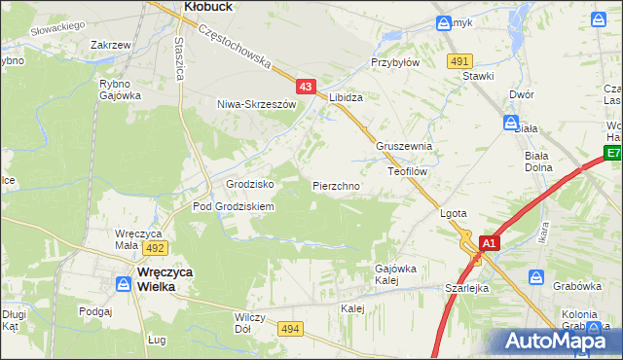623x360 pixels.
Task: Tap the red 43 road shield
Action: [x=306, y=88]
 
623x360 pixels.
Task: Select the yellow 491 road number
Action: [x=460, y=61]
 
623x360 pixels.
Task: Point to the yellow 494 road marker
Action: [x=290, y=330]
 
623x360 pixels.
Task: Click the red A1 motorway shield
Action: [x=490, y=243]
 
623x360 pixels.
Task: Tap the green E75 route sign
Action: [x=612, y=154]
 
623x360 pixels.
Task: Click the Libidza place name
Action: [x=346, y=98]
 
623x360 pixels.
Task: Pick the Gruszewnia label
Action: [x=403, y=147]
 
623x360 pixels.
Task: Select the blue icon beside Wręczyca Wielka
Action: [x=124, y=284]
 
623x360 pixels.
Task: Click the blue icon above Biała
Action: [x=511, y=123]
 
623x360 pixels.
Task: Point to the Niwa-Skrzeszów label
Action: [x=255, y=104]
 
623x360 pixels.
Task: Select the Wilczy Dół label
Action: [x=250, y=323]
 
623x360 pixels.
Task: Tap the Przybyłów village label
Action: [x=394, y=61]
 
